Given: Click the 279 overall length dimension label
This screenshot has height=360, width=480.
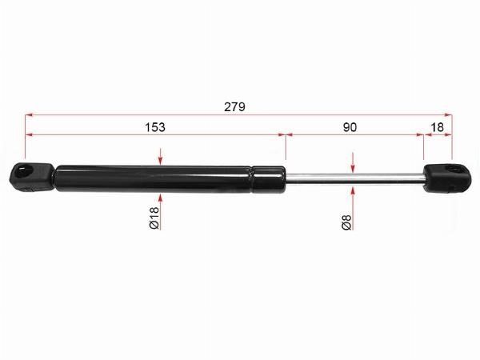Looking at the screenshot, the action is pyautogui.click(x=234, y=107).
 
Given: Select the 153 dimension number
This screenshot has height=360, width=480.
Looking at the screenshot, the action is pyautogui.click(x=155, y=127).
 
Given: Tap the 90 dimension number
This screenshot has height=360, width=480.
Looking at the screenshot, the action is pyautogui.click(x=350, y=127).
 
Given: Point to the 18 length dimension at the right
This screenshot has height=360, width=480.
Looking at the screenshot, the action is pyautogui.click(x=437, y=127).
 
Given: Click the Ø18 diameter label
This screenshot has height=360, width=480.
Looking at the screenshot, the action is pyautogui.click(x=154, y=218).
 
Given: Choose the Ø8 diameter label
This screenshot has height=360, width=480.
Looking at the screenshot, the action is pyautogui.click(x=346, y=222).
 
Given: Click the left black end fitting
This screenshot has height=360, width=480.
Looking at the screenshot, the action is pyautogui.click(x=32, y=178).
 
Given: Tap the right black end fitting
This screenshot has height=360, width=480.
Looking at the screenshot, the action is pyautogui.click(x=447, y=178).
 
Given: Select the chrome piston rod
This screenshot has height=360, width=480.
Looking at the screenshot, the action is pyautogui.click(x=354, y=178).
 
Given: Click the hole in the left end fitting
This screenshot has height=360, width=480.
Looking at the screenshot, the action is pyautogui.click(x=22, y=170).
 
